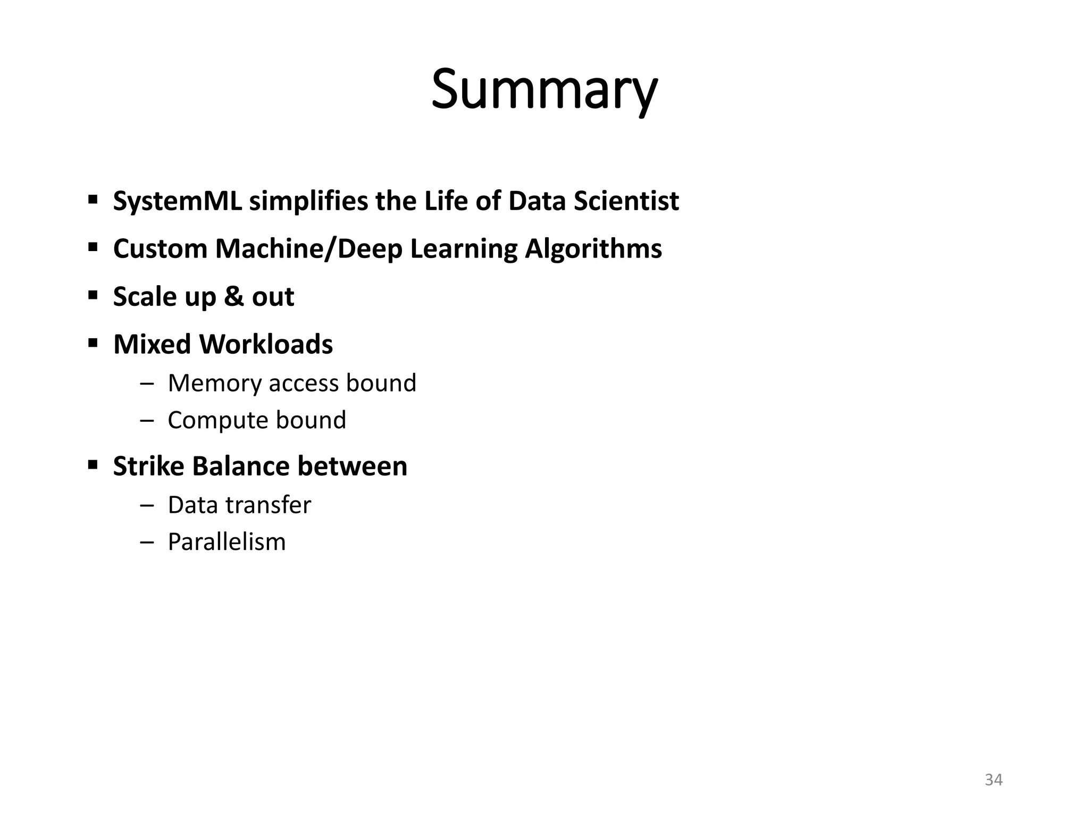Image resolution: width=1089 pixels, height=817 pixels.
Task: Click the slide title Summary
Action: coord(544,89)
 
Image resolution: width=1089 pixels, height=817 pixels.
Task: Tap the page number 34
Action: coord(993,780)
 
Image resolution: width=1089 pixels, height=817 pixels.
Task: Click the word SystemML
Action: coord(178,202)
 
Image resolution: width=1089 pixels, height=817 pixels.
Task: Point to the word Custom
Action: coord(160,249)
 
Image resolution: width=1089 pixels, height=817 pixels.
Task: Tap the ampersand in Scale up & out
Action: coord(233,296)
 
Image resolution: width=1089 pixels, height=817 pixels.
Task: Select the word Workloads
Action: coord(265,344)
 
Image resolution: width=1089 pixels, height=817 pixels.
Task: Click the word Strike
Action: coord(148,466)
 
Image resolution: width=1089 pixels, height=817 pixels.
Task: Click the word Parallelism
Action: coord(227,542)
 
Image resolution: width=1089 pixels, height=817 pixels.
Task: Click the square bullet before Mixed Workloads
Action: coord(93,344)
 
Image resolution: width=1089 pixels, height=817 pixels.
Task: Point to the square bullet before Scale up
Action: coord(93,296)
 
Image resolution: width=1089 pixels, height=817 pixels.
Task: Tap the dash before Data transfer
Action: coord(147,505)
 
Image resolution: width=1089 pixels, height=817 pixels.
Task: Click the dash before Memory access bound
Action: coord(147,384)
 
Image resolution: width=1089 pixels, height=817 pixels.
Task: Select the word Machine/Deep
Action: coord(308,249)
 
